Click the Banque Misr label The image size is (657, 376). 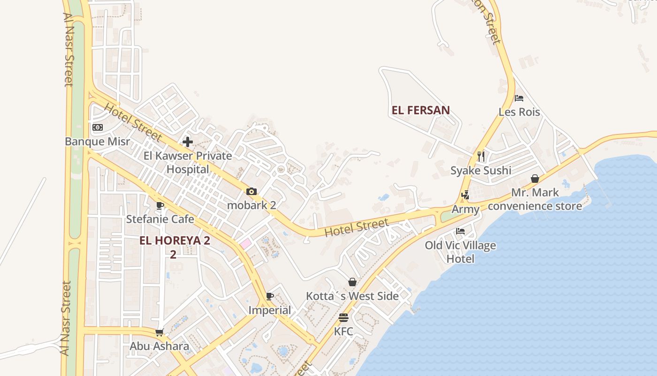click(97, 141)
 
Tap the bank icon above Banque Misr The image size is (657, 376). click(97, 127)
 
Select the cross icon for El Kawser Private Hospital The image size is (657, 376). click(188, 142)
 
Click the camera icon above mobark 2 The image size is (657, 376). click(252, 192)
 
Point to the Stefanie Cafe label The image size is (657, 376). click(160, 219)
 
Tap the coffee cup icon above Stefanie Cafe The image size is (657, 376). click(160, 205)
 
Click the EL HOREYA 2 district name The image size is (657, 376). click(175, 241)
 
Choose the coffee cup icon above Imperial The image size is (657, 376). click(270, 296)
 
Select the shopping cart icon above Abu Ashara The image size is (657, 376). click(160, 332)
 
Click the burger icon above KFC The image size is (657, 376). click(344, 317)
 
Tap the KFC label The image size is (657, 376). click(344, 331)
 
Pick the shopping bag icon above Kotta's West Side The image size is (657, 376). click(352, 282)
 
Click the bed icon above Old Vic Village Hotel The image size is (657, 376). click(460, 231)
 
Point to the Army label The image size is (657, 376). click(466, 210)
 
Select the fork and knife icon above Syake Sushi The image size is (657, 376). click(481, 156)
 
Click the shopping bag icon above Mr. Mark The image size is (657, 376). click(535, 179)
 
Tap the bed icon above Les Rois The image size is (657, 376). click(519, 98)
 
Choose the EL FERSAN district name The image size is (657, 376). click(421, 110)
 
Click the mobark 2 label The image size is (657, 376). click(252, 205)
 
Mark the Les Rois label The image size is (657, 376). click(519, 112)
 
